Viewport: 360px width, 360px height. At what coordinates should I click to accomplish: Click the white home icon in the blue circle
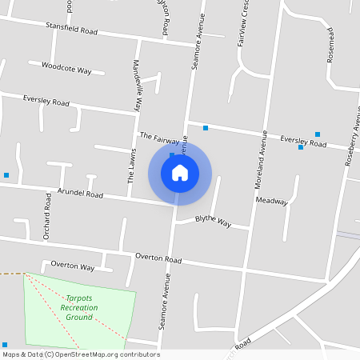click(180, 172)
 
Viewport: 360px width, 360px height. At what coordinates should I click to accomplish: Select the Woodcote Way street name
click(66, 69)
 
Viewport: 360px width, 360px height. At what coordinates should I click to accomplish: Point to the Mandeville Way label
click(138, 85)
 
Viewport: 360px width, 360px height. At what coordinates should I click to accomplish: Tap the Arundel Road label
click(80, 194)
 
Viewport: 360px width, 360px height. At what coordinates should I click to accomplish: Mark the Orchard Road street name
click(47, 216)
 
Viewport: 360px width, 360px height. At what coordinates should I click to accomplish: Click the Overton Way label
click(73, 265)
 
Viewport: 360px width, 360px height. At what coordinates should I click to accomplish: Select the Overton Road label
click(158, 258)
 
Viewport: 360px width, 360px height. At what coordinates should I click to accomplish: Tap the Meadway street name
click(271, 202)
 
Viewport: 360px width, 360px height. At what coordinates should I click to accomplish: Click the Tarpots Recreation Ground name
click(79, 307)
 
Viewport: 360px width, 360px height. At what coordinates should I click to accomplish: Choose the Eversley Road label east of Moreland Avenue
click(303, 142)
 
